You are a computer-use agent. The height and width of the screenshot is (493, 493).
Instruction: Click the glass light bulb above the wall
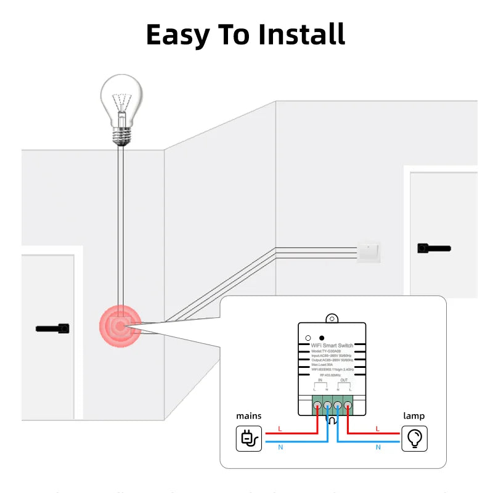[x=121, y=99]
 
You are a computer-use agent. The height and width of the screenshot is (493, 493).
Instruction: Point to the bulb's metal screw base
[x=122, y=135]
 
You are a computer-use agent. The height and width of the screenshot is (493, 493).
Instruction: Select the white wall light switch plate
[x=369, y=251]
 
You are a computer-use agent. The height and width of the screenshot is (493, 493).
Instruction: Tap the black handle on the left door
[x=53, y=328]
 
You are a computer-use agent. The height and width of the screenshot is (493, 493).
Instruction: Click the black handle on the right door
[x=434, y=248]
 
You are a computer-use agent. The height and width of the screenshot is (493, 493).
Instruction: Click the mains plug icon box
[x=249, y=439]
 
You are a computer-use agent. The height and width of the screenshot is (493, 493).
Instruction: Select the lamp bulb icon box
[x=414, y=439]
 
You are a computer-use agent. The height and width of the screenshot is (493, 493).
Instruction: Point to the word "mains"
[x=249, y=416]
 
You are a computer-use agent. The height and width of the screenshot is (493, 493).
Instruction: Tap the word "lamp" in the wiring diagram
[x=414, y=416]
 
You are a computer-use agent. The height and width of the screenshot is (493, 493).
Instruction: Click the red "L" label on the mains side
[x=280, y=428]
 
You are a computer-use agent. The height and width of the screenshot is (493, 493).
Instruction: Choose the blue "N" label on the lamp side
[x=377, y=447]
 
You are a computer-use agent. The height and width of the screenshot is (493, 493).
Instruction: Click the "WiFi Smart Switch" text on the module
[x=332, y=346]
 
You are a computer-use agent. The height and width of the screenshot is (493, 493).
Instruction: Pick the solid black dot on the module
[x=322, y=338]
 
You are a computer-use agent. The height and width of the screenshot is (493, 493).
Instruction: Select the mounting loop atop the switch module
[x=333, y=318]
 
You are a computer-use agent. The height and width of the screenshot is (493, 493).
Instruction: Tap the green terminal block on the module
[x=332, y=406]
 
